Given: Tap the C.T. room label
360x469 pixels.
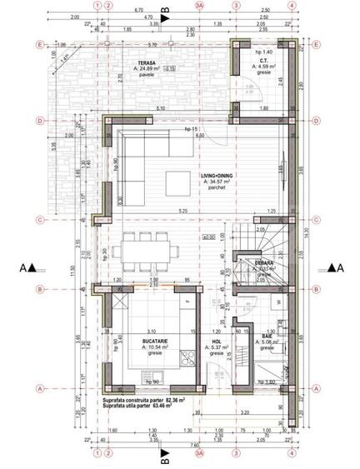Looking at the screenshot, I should (262, 62).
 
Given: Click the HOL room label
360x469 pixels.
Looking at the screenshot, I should (216, 342).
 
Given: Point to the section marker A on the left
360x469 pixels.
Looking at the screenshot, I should (30, 268).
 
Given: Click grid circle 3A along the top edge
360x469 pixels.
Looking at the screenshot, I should (199, 5).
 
